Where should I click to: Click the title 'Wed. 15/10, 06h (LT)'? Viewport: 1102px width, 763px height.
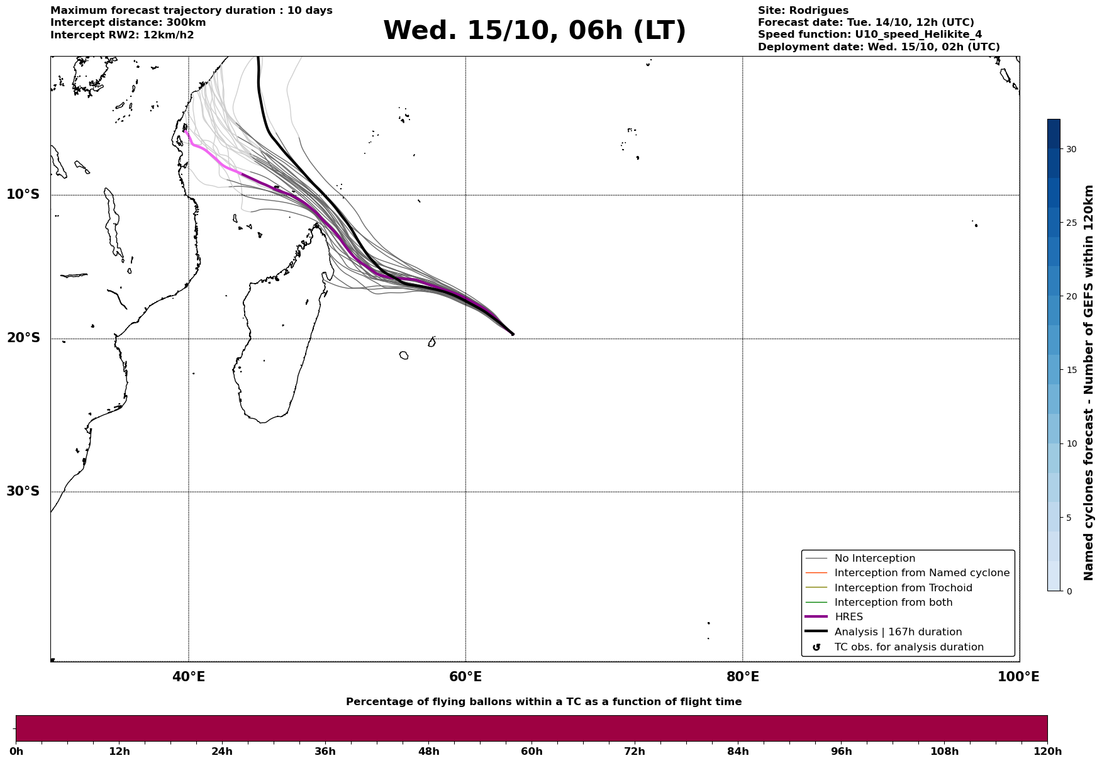coord(534,31)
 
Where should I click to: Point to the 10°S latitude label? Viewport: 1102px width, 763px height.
coord(23,194)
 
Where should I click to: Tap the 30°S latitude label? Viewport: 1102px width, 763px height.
coord(23,491)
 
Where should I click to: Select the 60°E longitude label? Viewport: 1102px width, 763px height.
coord(465,677)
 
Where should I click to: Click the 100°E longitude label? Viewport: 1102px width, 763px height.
coord(1018,677)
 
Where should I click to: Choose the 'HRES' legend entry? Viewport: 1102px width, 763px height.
coord(849,617)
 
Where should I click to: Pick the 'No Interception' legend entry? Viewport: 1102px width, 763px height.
coord(874,559)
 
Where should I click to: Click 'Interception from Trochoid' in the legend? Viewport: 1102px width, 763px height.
coord(903,588)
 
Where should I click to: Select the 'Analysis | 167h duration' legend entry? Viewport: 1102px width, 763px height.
coord(898,632)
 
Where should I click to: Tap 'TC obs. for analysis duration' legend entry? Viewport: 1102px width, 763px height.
coord(908,647)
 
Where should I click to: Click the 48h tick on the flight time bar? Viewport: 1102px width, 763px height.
coord(429,751)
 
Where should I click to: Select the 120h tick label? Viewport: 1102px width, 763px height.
coord(1047,751)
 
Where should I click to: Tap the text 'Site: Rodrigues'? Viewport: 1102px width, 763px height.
coord(803,11)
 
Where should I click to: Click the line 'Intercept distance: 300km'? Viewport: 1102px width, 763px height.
coord(128,23)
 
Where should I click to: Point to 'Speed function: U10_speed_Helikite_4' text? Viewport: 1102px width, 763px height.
coord(869,35)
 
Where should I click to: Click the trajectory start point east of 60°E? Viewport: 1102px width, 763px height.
coord(513,334)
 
